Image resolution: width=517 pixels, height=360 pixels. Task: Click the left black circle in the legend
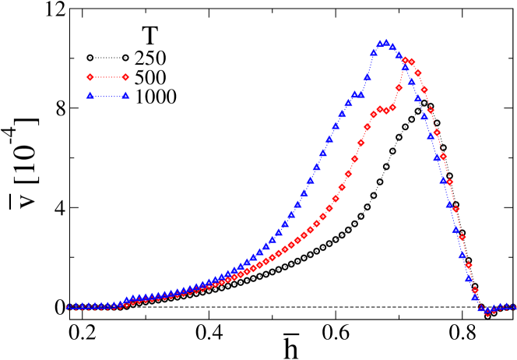point(90,58)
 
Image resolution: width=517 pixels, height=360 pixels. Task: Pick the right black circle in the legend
point(125,58)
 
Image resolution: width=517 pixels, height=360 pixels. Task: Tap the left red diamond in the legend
point(90,77)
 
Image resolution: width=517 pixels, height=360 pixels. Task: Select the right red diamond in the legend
point(125,77)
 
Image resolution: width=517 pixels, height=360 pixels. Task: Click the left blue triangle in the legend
point(90,96)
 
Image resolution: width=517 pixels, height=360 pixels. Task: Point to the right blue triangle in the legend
point(125,96)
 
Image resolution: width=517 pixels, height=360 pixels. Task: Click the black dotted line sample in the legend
point(107,58)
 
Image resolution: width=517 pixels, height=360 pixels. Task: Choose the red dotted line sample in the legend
point(107,77)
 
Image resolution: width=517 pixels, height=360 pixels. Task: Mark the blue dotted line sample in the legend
point(107,97)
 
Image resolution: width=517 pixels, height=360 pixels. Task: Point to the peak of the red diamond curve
point(405,60)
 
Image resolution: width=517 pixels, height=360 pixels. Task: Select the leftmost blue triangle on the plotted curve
point(68,306)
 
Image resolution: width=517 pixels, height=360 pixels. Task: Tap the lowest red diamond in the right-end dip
point(488,312)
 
